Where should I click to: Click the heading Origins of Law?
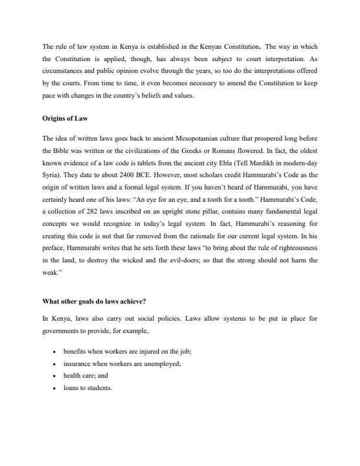[x=65, y=118]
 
